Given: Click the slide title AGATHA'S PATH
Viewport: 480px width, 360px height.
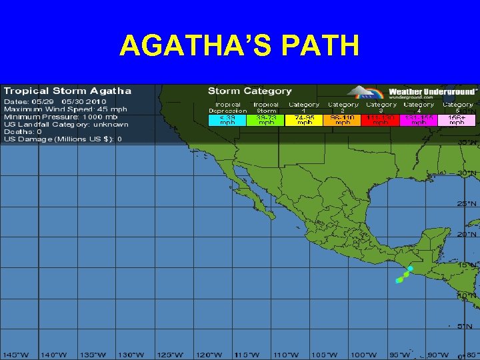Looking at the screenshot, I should tap(240, 46).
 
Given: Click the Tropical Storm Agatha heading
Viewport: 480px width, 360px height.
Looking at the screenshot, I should tap(67, 91).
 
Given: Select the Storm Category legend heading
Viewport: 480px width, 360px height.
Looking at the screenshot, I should tap(250, 91).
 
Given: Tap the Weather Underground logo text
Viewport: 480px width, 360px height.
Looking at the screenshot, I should tap(433, 92).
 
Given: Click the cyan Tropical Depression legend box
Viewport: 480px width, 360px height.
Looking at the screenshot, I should tap(227, 120).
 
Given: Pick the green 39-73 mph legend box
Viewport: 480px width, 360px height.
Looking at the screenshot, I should tap(266, 120).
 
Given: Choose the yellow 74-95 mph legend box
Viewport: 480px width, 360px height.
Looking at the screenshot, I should tap(305, 120).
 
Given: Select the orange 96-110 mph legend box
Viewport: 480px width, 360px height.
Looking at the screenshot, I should tap(343, 120).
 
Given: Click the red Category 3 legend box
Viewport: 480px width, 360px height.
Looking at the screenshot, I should tap(381, 120).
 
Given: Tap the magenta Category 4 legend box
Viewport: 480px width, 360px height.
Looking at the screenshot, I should tap(419, 120).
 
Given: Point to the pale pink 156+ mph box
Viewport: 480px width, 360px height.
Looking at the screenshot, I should tap(457, 120).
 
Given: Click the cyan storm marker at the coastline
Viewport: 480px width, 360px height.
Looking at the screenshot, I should tap(411, 269).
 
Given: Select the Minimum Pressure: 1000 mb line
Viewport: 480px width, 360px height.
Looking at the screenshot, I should tap(61, 117).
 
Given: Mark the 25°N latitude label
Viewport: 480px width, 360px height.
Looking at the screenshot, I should tap(467, 203).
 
